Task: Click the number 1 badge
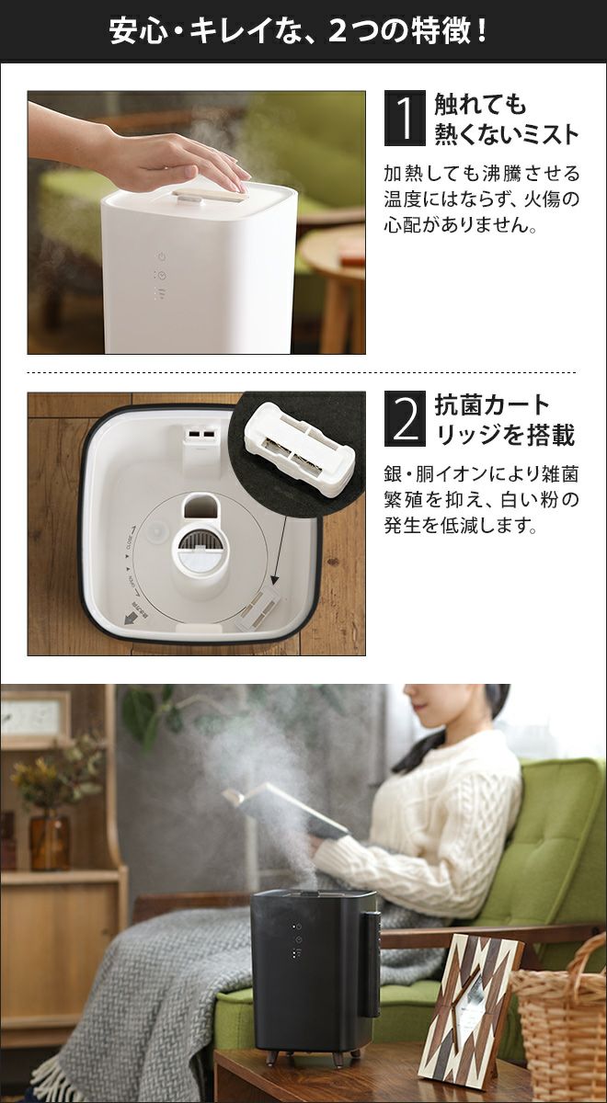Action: (x=405, y=119)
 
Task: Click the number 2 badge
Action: (x=405, y=418)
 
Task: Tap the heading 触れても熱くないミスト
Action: (x=506, y=119)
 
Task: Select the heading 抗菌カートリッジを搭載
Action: (x=504, y=419)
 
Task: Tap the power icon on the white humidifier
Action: (x=162, y=256)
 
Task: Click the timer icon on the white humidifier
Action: (x=162, y=275)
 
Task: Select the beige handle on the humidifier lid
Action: (x=210, y=197)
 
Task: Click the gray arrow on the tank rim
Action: (x=130, y=619)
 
